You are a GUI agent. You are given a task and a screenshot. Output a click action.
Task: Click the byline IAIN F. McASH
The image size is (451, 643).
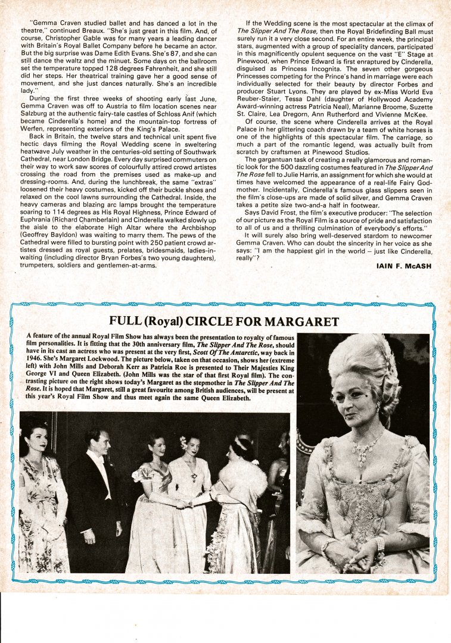click(404, 266)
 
